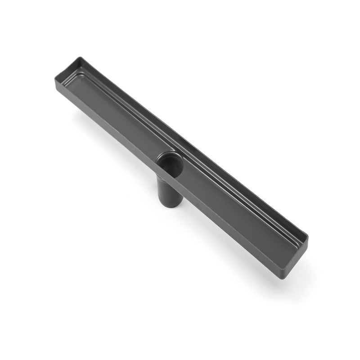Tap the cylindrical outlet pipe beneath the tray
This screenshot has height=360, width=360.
pos(170,191)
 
